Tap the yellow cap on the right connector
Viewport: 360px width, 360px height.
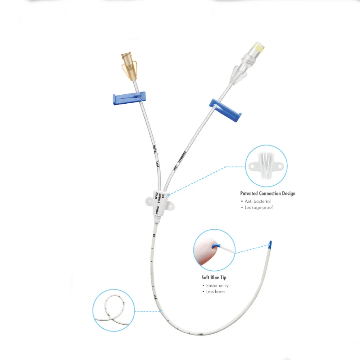tap(259, 46)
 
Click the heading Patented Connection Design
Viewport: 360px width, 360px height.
tap(267, 193)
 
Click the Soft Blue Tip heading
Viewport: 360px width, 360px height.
tap(214, 278)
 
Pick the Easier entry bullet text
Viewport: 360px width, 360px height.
tap(217, 285)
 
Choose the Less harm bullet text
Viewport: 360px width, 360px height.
tap(215, 292)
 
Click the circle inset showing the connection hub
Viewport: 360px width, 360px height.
tap(266, 166)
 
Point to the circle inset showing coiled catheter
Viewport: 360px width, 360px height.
tap(113, 310)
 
